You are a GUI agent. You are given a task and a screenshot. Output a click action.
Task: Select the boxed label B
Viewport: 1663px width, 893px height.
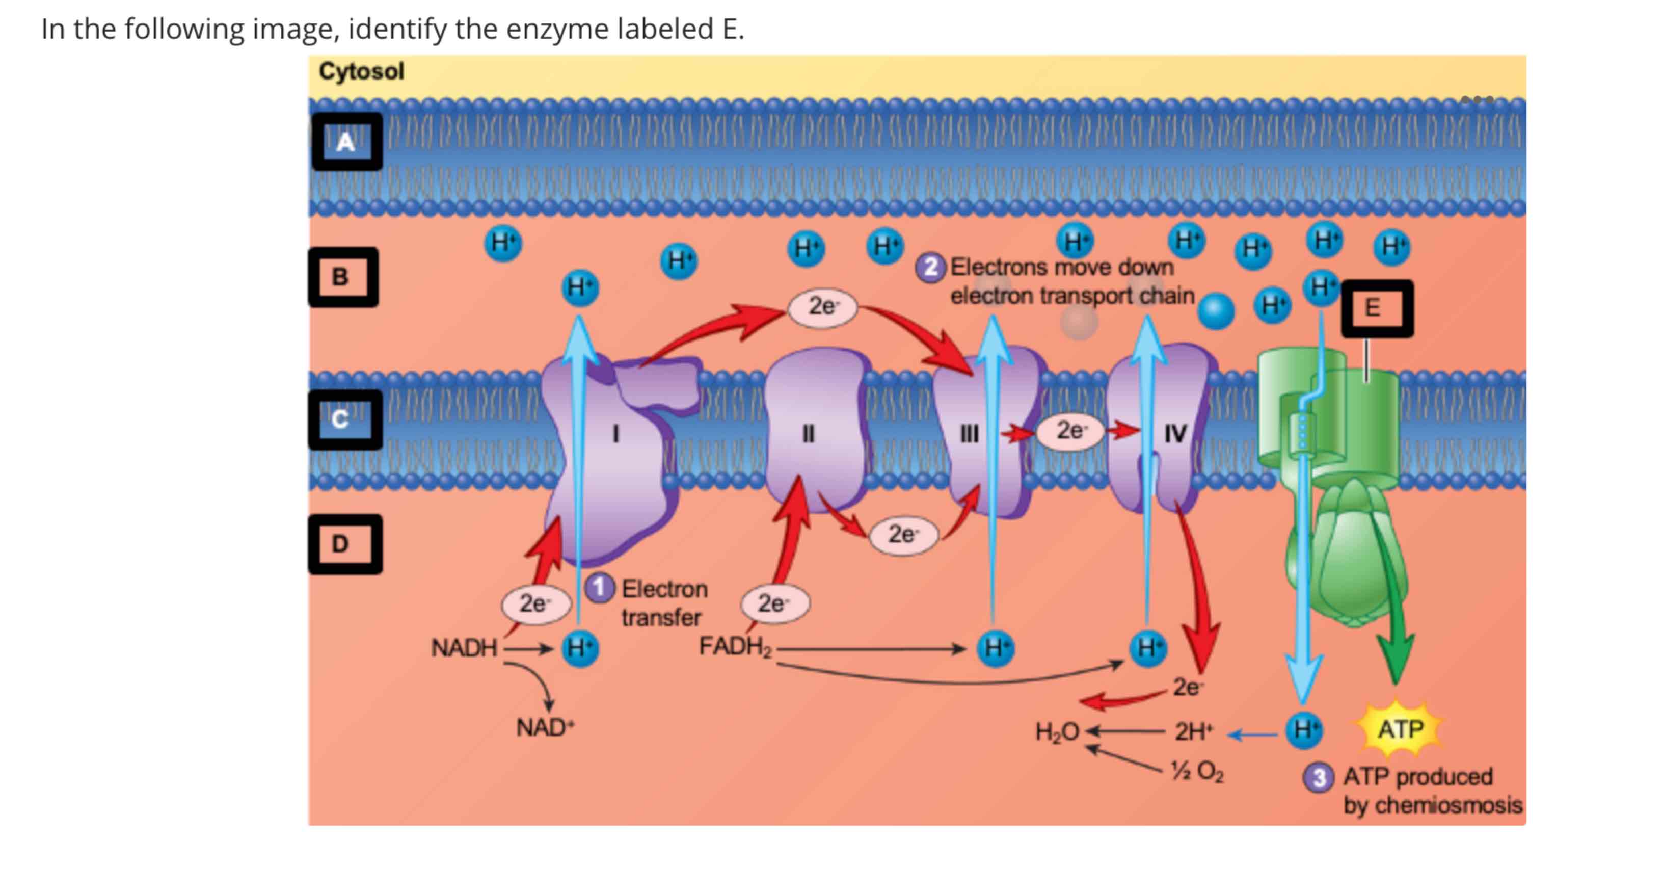point(343,277)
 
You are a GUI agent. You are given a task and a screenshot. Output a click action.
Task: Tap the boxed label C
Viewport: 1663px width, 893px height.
point(344,419)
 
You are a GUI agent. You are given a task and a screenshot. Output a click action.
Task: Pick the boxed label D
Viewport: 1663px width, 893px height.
point(344,544)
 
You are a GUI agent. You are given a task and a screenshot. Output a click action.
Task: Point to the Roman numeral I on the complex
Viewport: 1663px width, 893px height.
point(615,434)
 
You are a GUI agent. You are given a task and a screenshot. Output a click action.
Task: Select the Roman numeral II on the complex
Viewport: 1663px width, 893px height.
point(808,434)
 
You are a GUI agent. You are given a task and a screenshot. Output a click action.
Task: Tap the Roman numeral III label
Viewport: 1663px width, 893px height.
point(969,434)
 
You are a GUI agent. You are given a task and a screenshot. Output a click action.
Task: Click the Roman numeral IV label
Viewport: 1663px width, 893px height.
point(1175,434)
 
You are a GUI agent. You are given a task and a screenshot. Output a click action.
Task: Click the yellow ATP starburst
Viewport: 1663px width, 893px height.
point(1400,729)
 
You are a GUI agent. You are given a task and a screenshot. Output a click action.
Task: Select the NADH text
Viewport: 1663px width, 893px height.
point(464,648)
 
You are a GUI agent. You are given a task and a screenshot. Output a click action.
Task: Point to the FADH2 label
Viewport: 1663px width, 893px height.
point(735,646)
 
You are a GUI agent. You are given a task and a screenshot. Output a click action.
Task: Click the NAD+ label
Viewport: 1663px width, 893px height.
point(544,728)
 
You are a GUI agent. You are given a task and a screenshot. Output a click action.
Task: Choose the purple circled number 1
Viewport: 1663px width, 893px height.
point(599,588)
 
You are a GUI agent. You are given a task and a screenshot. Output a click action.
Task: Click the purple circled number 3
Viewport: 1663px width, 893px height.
point(1318,777)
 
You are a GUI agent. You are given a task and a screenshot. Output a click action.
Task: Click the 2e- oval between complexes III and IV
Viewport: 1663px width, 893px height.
point(1070,431)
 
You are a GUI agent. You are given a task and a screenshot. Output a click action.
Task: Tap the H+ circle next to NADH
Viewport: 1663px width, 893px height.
point(580,648)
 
